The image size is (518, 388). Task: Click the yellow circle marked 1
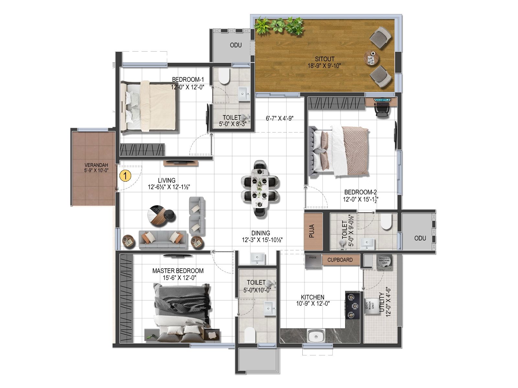[x=125, y=176]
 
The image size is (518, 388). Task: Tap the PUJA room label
[x=312, y=231]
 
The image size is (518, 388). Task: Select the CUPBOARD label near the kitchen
[x=340, y=260]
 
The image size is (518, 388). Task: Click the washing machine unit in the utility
[x=385, y=261]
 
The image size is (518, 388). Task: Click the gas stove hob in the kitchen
[x=352, y=305]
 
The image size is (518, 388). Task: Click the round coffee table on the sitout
[x=371, y=58]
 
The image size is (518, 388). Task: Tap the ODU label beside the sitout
[x=236, y=45]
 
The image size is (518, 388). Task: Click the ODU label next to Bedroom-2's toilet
[x=420, y=238]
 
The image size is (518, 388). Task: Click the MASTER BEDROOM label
[x=178, y=271]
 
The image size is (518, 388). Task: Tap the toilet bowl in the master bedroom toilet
[x=250, y=335]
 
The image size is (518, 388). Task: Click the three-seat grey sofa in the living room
[x=163, y=240]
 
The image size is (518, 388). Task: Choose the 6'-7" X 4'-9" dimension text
[x=279, y=119]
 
